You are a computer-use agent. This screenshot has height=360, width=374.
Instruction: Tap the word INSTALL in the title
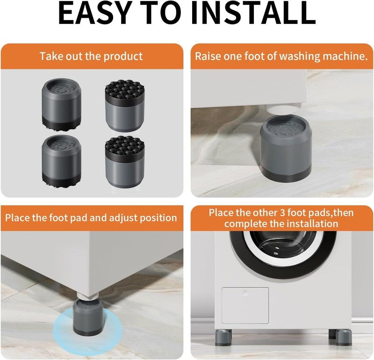point(253,13)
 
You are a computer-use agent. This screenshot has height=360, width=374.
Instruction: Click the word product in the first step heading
point(123,56)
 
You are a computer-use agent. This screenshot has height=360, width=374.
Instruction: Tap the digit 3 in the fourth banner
point(282,212)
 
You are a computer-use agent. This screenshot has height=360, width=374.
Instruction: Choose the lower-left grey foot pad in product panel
point(62,162)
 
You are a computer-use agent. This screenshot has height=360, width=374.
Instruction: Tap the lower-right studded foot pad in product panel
point(125,162)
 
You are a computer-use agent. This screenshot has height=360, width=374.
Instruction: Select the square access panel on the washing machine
point(245,305)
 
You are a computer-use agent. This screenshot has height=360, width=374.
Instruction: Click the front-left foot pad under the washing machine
point(223,338)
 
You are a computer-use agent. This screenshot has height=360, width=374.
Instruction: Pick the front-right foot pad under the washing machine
point(344,338)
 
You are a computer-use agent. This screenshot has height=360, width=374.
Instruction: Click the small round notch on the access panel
point(245,292)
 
